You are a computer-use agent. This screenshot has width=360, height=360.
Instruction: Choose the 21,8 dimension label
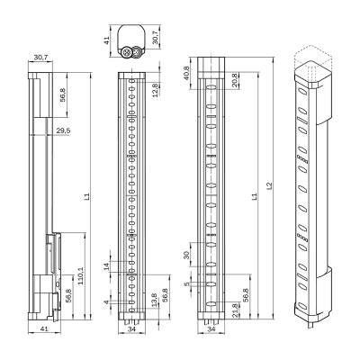(236, 309)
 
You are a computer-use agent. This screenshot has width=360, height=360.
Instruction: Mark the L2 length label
(272, 192)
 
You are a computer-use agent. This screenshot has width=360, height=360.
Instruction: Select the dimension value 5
(187, 285)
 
